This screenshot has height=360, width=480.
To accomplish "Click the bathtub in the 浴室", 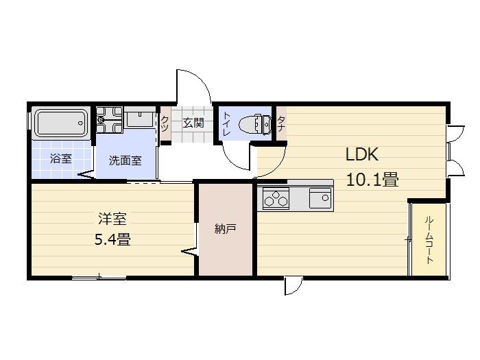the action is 61,123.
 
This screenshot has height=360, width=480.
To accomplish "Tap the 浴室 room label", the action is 60,158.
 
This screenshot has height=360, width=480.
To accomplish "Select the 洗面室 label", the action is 125,160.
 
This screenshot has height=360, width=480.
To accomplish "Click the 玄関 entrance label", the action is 193,123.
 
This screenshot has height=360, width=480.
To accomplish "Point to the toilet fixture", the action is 254,124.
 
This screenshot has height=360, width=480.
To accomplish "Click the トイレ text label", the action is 227,124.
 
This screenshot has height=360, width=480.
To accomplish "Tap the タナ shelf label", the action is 281,124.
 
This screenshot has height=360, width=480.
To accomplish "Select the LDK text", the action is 362,154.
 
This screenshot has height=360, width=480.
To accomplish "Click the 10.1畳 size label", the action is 372,180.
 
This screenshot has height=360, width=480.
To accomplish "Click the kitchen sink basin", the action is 320,198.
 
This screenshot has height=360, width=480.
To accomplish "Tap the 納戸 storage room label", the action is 226,228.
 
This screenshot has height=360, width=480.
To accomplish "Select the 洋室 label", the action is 112,219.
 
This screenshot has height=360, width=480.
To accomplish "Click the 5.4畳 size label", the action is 112,239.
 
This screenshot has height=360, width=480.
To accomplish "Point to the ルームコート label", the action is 429,240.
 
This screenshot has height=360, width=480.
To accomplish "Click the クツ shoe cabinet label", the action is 165,123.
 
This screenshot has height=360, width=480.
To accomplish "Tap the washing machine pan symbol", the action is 109,119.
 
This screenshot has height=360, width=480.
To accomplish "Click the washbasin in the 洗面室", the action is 140,119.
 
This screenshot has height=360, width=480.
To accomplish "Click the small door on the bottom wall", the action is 293,286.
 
